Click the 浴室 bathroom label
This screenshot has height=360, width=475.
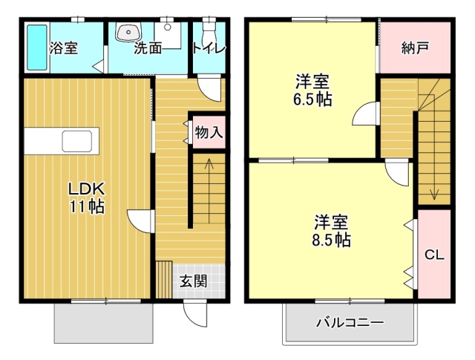click(x=64, y=48)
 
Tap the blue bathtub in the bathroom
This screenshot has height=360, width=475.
click(x=36, y=48)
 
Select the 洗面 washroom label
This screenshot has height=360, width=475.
click(x=148, y=48)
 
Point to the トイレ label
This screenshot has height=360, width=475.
click(x=209, y=48)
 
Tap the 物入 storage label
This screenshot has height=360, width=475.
click(x=208, y=133)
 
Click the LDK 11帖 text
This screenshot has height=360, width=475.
click(x=87, y=197)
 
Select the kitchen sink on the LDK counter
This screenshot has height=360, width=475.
click(x=77, y=140)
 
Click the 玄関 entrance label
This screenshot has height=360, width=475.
click(x=193, y=281)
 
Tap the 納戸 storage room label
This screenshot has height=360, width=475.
click(x=416, y=48)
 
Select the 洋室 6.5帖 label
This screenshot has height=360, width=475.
click(x=312, y=90)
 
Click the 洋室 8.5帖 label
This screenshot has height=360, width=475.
click(x=331, y=231)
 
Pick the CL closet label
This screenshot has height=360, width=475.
click(x=434, y=255)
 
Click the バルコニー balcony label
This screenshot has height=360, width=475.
click(x=350, y=323)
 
